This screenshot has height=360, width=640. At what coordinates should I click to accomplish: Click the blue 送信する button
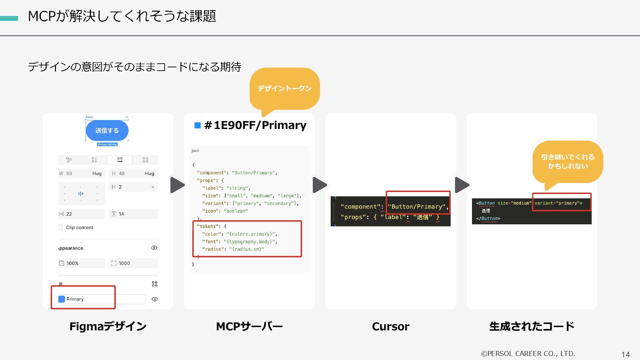point(107,130)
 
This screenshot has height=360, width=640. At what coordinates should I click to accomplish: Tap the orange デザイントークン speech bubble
point(284,88)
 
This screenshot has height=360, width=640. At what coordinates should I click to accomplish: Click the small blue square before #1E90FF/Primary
point(197,125)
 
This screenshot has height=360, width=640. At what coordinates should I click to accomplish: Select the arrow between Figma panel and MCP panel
point(177,185)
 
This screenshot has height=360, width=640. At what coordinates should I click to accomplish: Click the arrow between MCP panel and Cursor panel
point(319,185)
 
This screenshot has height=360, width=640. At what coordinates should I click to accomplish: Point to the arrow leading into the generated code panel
point(462,185)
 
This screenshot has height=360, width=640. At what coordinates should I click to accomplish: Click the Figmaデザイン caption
point(108,326)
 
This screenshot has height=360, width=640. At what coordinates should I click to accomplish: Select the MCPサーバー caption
point(249,326)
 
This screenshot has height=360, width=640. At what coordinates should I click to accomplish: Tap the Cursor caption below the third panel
point(390,326)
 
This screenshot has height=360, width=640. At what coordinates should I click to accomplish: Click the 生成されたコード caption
point(532,326)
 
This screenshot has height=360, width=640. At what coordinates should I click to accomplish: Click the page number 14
point(625,355)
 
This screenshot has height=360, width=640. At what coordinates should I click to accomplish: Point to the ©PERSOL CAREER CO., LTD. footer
point(528,354)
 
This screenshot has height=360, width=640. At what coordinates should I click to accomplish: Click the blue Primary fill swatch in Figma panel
point(62,299)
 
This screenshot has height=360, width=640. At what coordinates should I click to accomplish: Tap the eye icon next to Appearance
point(154,248)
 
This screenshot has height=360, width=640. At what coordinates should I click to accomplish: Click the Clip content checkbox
point(60,227)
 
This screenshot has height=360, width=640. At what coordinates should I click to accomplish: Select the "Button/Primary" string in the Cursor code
point(418,207)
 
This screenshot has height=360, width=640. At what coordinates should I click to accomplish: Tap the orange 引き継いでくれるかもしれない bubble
point(568,162)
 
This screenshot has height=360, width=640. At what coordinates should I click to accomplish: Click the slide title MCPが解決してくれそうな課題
point(122,16)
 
